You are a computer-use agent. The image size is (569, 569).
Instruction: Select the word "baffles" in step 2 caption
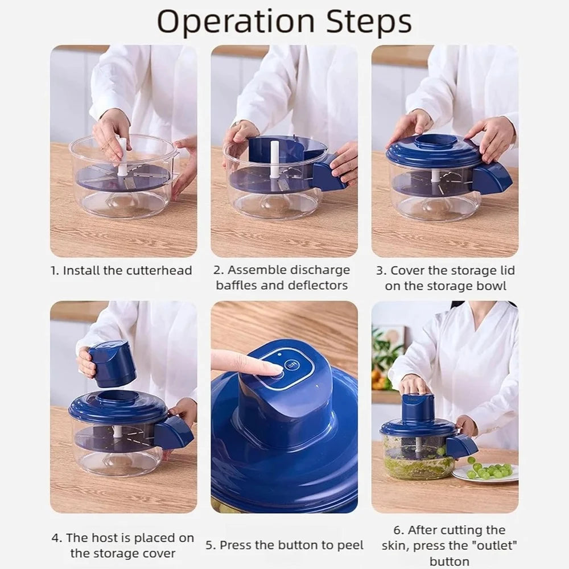click(238, 285)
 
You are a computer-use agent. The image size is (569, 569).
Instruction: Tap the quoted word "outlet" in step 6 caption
click(494, 546)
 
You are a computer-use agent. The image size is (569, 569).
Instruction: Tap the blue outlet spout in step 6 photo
click(461, 446)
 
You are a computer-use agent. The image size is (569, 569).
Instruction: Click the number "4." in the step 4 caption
click(57, 538)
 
